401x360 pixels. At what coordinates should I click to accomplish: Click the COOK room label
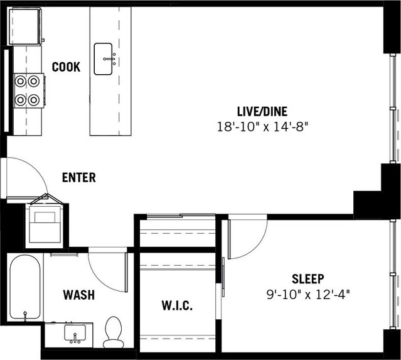pos(66,67)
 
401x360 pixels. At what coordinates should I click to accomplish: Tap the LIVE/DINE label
pos(262,111)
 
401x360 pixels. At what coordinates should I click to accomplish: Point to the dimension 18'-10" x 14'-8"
pos(262,126)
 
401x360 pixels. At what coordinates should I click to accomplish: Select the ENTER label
pos(78,178)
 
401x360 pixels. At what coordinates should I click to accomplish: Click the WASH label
pos(79,294)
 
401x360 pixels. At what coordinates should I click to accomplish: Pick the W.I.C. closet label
pos(176,306)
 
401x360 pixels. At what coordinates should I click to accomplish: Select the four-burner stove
pos(27,90)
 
